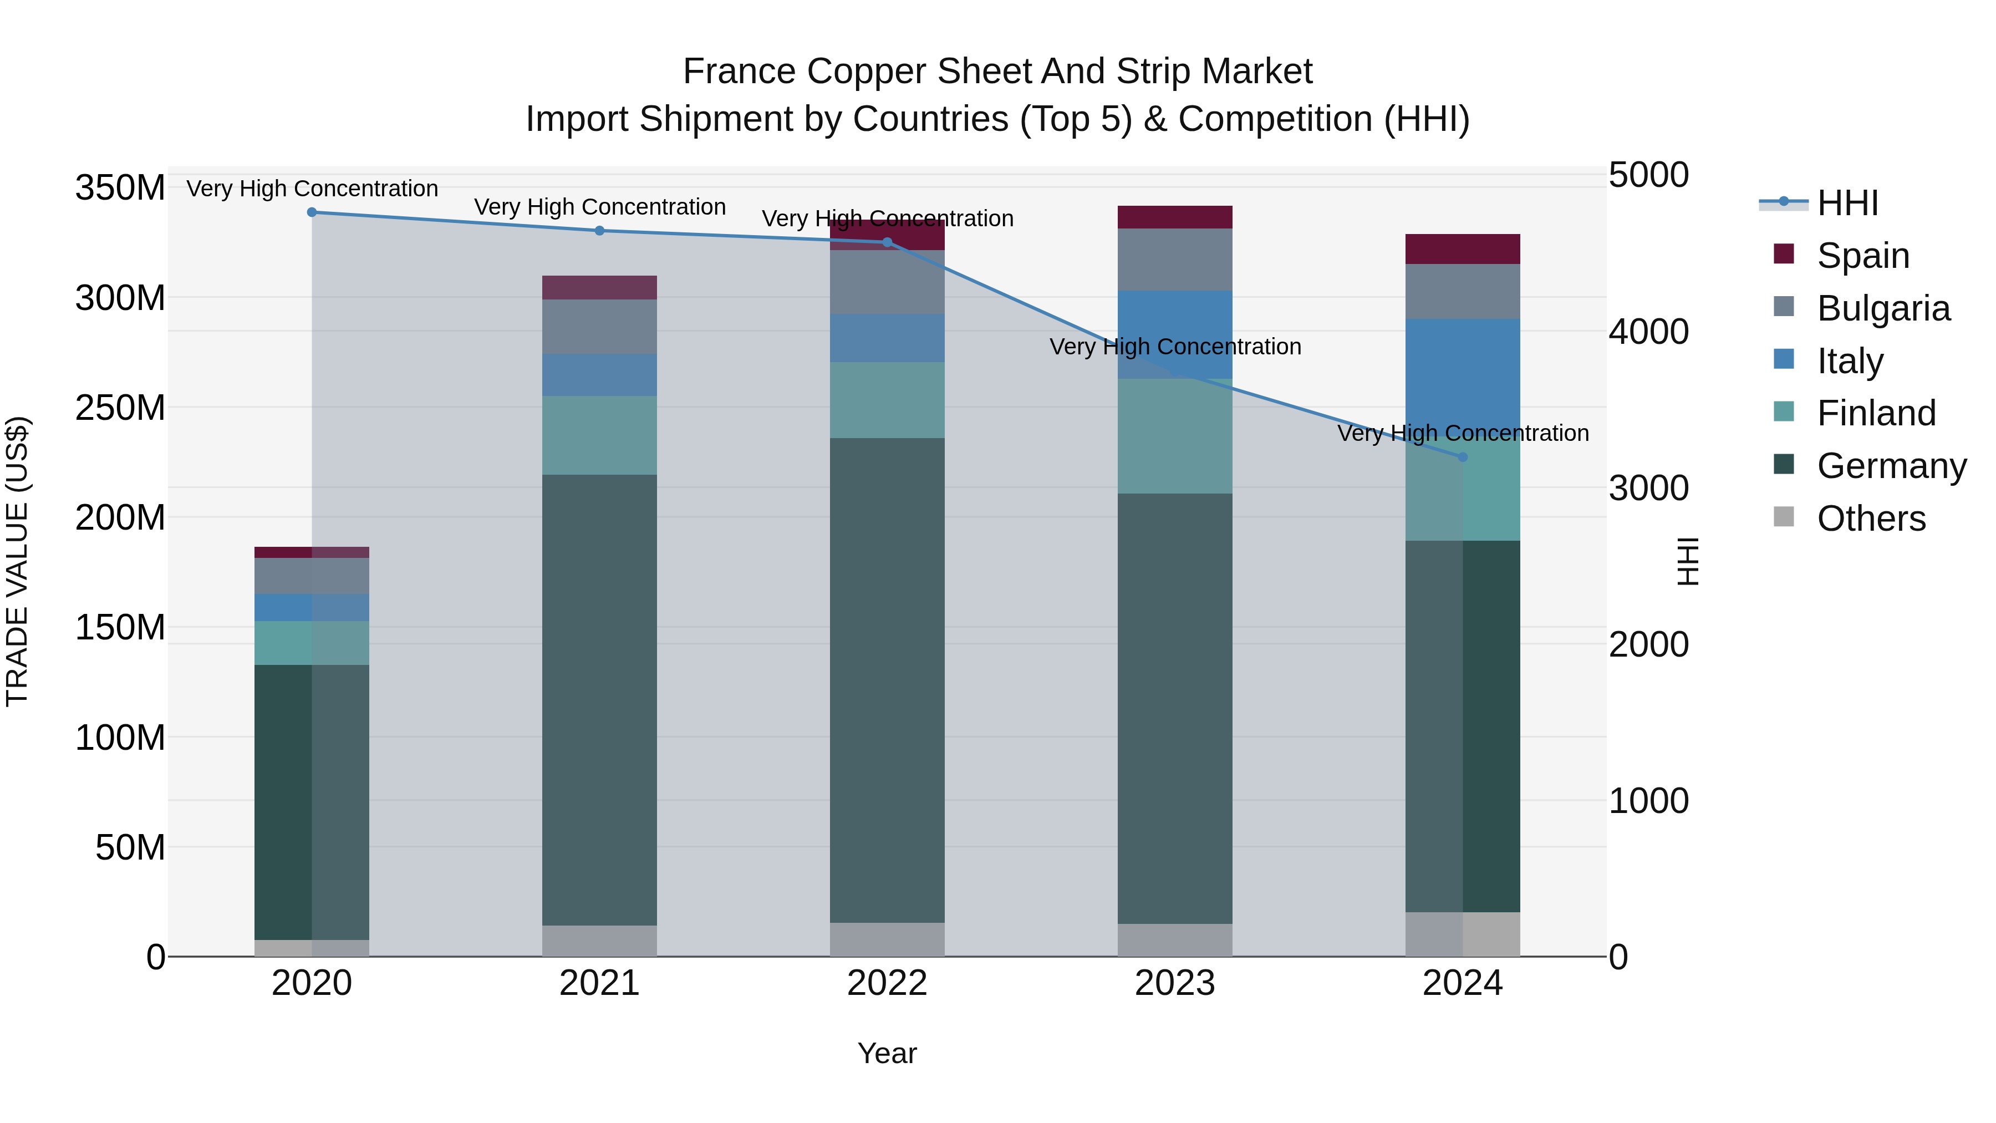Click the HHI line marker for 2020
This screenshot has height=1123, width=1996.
coord(312,212)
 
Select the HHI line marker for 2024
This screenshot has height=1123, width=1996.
coord(1462,458)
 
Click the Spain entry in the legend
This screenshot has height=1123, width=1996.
coord(1863,256)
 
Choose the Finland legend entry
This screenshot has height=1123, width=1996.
coord(1876,413)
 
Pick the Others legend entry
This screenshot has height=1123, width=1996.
coord(1871,519)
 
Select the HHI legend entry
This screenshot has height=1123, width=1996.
coord(1847,203)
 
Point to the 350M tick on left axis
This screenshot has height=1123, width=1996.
coord(120,189)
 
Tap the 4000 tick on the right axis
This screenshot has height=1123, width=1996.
coord(1648,332)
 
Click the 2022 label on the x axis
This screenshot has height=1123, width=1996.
coord(887,983)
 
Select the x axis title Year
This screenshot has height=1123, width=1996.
coord(887,1053)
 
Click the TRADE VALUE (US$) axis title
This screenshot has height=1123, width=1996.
coord(18,561)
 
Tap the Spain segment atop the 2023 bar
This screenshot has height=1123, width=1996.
coord(1175,217)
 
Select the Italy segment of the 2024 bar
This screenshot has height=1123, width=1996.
coord(1462,372)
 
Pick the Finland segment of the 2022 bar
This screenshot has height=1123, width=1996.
coord(887,400)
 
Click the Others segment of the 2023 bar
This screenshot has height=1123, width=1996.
coord(1175,939)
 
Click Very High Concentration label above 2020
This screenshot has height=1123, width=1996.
coord(312,189)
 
